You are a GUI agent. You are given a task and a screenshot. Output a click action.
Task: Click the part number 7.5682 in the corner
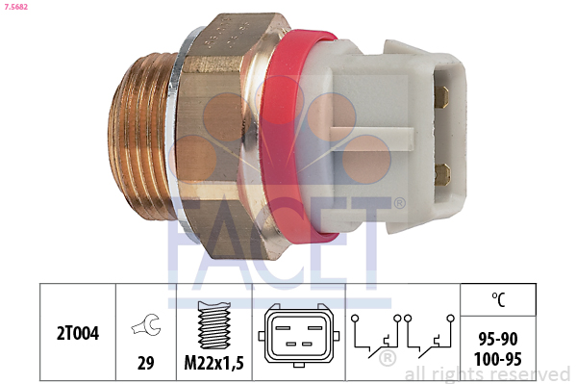coord(15,7)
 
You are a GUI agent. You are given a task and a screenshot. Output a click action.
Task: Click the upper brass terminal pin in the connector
coord(441,97)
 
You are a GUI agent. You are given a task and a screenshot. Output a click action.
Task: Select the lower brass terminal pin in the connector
coord(442,174)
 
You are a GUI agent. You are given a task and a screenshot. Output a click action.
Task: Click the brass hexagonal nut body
coord(220,136)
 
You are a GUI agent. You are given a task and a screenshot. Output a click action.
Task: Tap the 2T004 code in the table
coord(78,333)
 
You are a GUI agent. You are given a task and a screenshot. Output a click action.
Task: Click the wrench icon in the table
coord(146,324)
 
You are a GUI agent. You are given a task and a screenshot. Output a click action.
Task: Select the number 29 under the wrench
coord(146,363)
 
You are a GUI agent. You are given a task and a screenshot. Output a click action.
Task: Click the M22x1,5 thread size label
coord(213,363)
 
